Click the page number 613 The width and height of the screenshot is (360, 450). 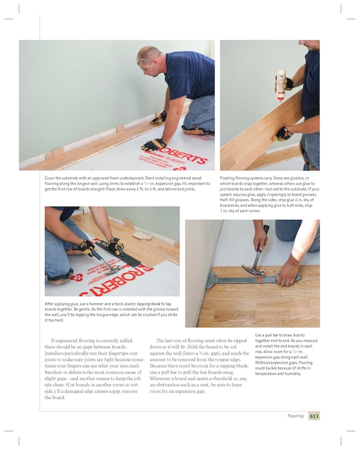[314, 416]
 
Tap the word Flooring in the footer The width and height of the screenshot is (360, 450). [295, 416]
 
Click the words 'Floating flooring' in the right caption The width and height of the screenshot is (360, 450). [237, 178]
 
